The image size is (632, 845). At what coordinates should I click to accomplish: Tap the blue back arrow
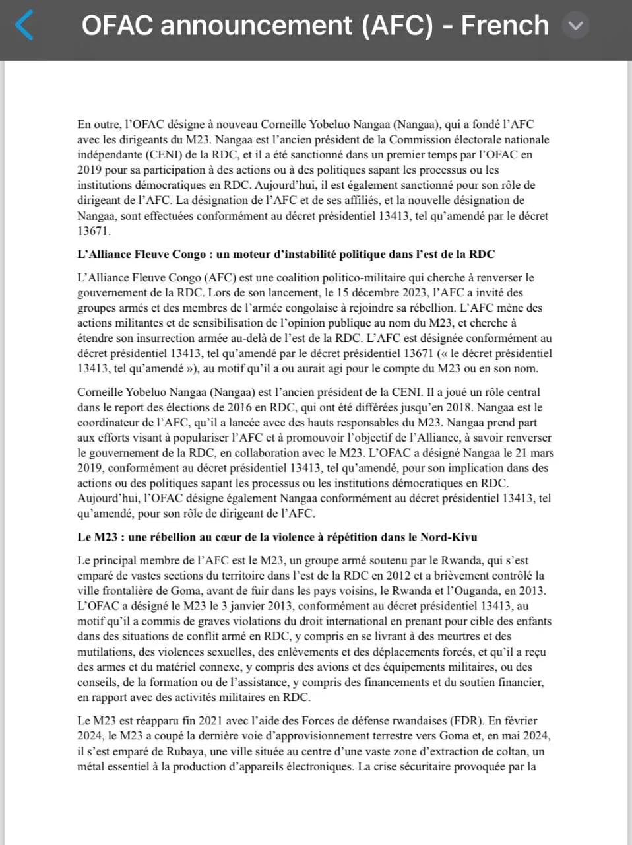[24, 26]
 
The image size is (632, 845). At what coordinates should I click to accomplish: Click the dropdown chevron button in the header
[576, 26]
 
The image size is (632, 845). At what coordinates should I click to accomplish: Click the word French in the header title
[505, 26]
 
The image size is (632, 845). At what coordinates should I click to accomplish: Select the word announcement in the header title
[257, 26]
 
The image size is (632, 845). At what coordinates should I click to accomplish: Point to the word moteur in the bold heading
[236, 254]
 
